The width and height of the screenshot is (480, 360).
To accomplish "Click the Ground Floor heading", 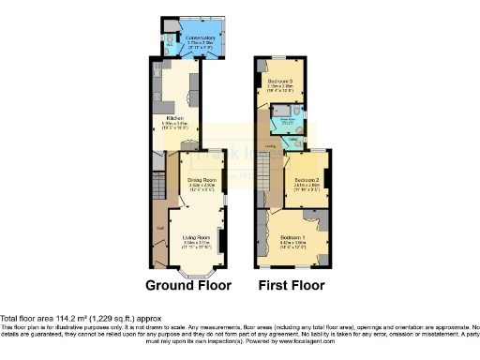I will [x=186, y=285].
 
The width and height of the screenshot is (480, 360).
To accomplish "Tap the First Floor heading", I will [x=292, y=285].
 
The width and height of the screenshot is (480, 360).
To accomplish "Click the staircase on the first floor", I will [x=265, y=174].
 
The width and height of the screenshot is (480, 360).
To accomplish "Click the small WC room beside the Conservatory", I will [x=169, y=41].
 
